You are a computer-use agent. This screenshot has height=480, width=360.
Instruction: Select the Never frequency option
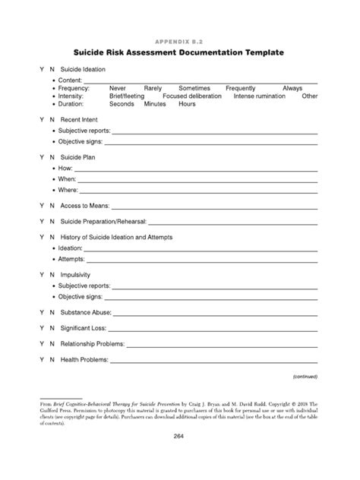118,88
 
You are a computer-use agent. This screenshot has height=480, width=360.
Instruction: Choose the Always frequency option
292,88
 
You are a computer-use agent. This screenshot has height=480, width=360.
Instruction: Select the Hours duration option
186,104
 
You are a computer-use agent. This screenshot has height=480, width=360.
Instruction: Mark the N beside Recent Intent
52,120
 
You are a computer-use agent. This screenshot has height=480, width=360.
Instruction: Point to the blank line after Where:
197,191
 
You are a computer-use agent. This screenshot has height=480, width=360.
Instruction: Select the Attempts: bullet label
71,259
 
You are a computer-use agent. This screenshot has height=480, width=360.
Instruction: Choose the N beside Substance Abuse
52,312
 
